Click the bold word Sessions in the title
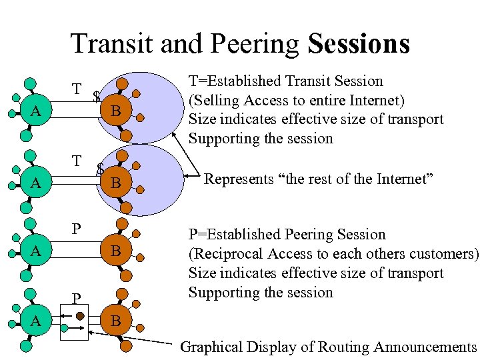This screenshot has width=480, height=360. [359, 44]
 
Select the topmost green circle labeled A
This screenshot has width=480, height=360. [37, 111]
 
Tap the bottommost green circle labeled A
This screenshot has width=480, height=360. [37, 321]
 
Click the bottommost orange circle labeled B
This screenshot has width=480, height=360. [115, 321]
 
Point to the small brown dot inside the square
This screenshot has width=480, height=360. [79, 315]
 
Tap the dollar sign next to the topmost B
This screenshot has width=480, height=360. [97, 97]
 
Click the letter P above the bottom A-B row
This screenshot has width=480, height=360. [77, 298]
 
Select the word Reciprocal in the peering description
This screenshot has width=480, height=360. [226, 254]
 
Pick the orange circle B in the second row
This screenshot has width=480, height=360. [115, 181]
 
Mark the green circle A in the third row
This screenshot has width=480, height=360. [37, 251]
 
